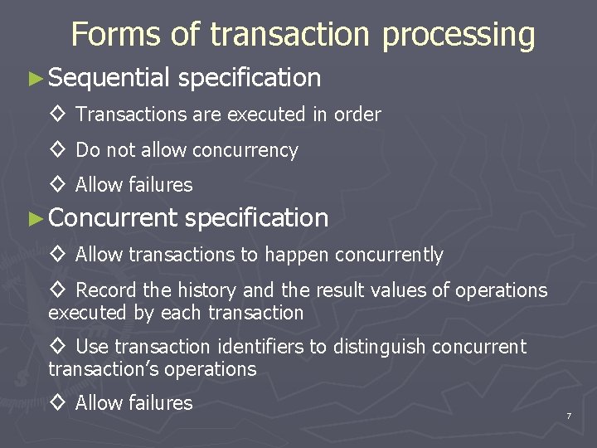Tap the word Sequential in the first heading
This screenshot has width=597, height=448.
[109, 78]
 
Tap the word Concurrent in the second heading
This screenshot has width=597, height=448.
[113, 218]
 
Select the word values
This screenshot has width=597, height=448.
[386, 290]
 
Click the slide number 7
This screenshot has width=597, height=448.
[569, 415]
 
